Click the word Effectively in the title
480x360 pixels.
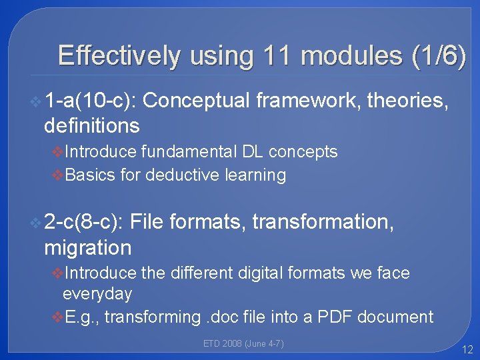pyautogui.click(x=119, y=56)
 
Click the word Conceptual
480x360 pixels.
pyautogui.click(x=197, y=101)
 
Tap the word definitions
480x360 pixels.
pyautogui.click(x=91, y=125)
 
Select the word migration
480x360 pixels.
pyautogui.click(x=87, y=247)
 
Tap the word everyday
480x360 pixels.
pyautogui.click(x=97, y=294)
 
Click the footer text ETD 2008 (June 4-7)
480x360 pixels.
pyautogui.click(x=243, y=343)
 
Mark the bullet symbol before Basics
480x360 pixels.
pyautogui.click(x=57, y=175)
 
